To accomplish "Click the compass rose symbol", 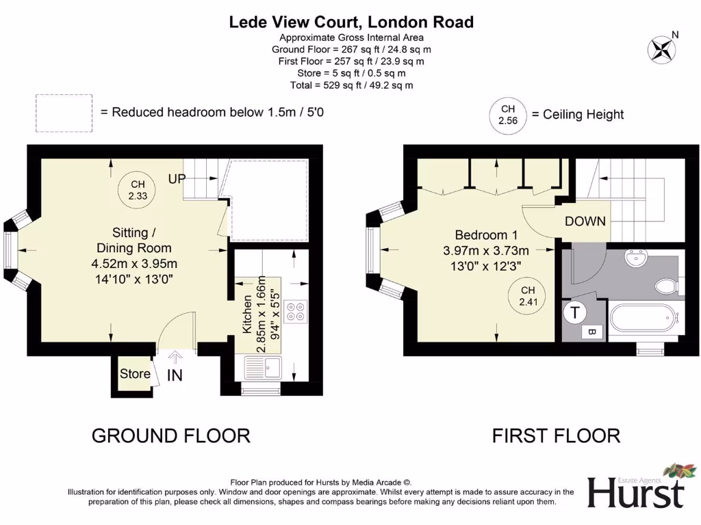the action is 661,49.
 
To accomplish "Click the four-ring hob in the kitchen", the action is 296,312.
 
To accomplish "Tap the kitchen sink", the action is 263,368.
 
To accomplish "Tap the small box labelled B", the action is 592,332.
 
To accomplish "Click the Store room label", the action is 135,373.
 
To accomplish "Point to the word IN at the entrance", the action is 175,375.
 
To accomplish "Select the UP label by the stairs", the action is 177,179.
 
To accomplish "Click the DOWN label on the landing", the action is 585,221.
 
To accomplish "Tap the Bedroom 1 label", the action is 487,235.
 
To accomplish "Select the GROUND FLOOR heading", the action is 171,435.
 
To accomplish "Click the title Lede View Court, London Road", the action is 351,22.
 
